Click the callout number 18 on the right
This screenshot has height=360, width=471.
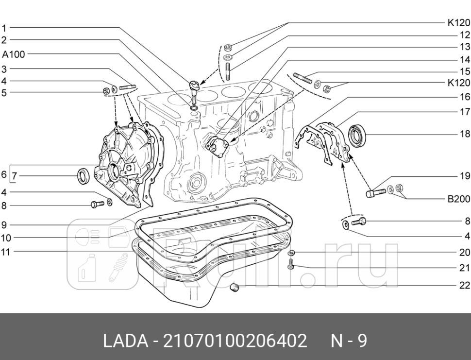click(465, 134)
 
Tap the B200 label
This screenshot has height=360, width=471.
click(459, 199)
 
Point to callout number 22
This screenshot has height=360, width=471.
click(465, 285)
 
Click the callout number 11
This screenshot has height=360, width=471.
click(5, 252)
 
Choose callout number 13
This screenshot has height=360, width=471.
click(465, 47)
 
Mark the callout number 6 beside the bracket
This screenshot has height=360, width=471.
click(4, 174)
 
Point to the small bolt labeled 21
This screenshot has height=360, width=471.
click(291, 265)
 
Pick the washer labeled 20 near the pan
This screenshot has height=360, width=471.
click(291, 253)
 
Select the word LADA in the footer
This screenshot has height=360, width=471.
click(125, 341)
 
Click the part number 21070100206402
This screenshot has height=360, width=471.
click(235, 341)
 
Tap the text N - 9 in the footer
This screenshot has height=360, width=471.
click(349, 341)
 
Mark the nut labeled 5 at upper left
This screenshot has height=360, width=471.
click(106, 90)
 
